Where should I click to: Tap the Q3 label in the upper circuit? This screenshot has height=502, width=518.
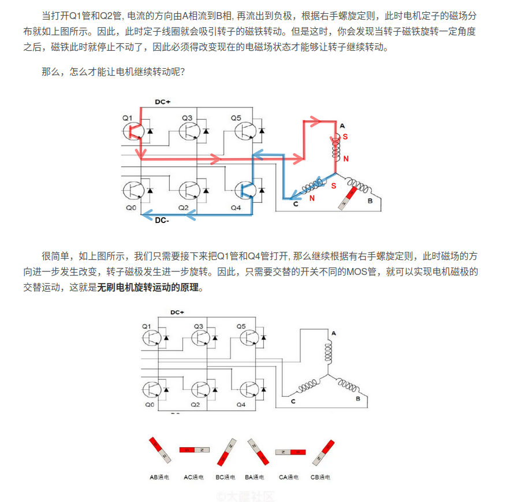tap(187, 118)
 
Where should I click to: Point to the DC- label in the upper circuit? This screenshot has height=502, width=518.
tap(162, 220)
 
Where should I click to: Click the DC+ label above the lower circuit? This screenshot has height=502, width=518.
tap(177, 313)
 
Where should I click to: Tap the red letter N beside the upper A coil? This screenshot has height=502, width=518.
tap(346, 158)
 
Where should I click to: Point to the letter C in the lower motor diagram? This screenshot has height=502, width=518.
tap(293, 401)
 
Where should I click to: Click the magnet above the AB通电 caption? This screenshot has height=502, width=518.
tap(160, 451)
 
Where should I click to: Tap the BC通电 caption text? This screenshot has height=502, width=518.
tap(225, 477)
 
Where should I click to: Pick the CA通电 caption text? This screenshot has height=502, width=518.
tap(289, 477)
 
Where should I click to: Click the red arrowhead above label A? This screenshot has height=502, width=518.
tap(315, 121)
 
